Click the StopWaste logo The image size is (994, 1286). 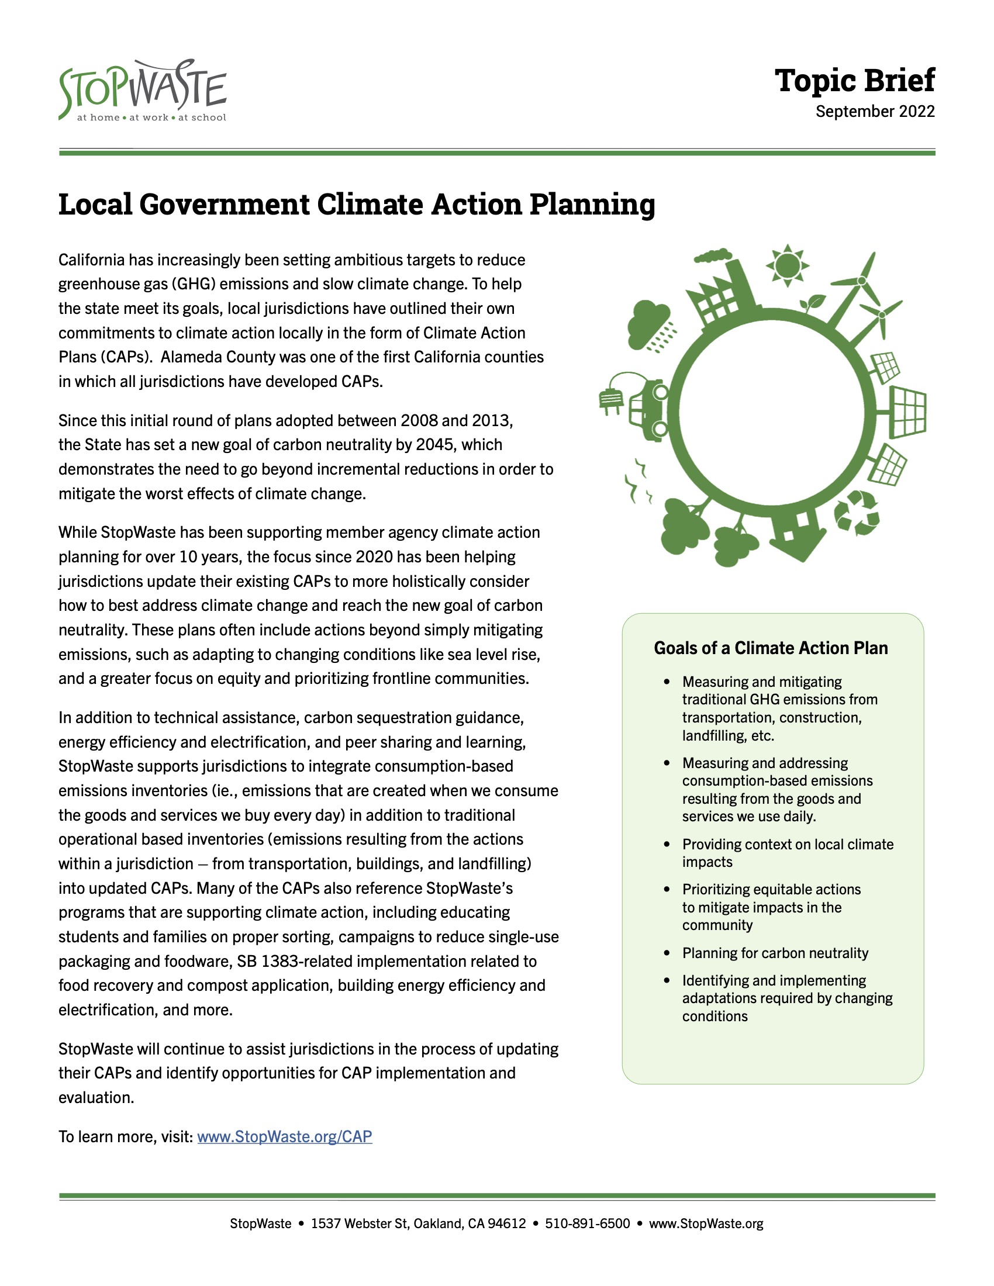[x=143, y=91]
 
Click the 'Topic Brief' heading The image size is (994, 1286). [x=854, y=81]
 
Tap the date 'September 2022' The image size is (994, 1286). [x=875, y=111]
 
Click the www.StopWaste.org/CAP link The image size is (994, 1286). [x=284, y=1136]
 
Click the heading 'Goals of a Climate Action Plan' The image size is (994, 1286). [x=770, y=648]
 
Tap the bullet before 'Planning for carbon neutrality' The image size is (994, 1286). [x=667, y=953]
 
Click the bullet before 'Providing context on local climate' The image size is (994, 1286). [x=667, y=845]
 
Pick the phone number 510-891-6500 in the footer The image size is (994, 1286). [x=587, y=1223]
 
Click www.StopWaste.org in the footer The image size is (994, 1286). [x=706, y=1223]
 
